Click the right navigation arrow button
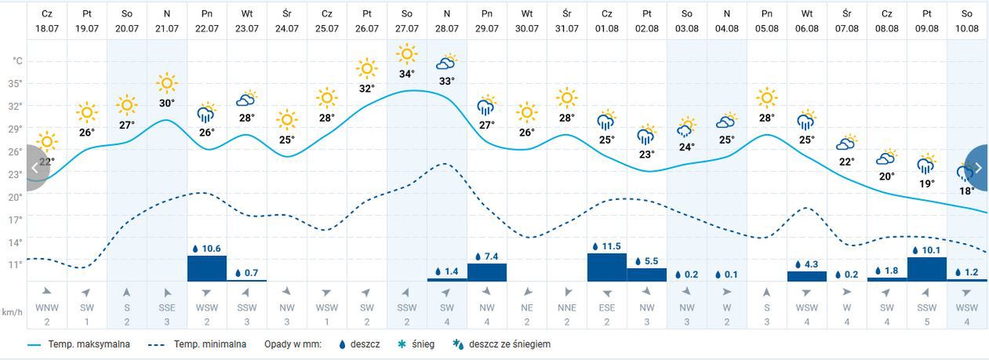coord(977,168)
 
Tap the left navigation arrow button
coord(35,168)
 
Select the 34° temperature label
coord(406,75)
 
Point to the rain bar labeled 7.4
coord(487,271)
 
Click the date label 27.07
coord(406,28)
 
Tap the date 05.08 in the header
coord(767,28)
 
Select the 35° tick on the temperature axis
coord(16,84)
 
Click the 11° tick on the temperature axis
coord(16,265)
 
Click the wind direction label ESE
coord(607,308)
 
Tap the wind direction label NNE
coord(567,308)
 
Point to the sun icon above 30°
coord(166,83)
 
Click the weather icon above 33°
coord(446,63)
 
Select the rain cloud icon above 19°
coord(927,165)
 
